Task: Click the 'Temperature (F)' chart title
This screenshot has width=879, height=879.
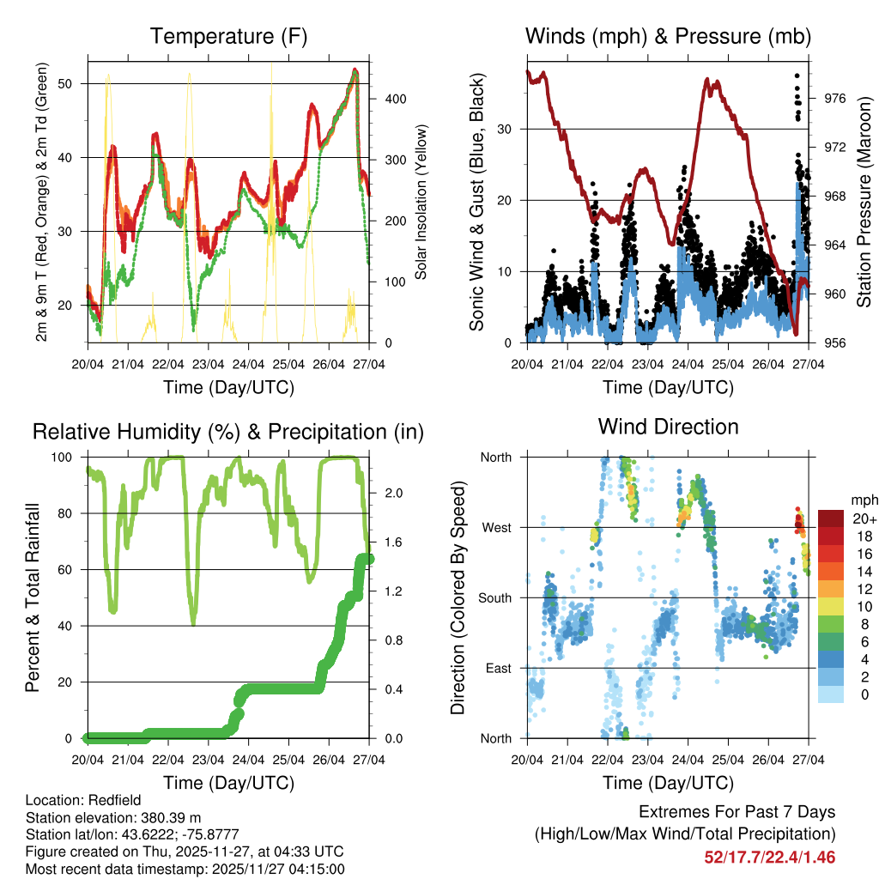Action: click(228, 37)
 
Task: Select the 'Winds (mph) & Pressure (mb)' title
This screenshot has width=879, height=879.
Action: click(668, 37)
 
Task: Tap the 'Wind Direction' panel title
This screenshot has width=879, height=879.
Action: click(668, 427)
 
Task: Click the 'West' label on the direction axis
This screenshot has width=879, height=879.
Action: click(495, 527)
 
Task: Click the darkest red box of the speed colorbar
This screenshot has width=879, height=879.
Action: click(829, 518)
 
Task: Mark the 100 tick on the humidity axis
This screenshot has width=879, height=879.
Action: click(65, 457)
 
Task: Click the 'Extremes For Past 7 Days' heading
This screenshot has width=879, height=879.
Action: click(737, 812)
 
